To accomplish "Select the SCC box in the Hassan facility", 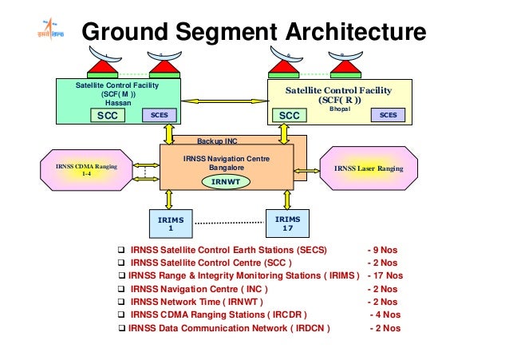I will point(108,116).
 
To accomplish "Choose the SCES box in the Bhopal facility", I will point(388,115).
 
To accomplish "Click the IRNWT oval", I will point(227,182).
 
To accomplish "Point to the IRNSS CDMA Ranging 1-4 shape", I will point(87,169).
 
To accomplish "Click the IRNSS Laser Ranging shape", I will point(369,169).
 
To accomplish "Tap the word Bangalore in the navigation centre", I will point(227,168).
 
